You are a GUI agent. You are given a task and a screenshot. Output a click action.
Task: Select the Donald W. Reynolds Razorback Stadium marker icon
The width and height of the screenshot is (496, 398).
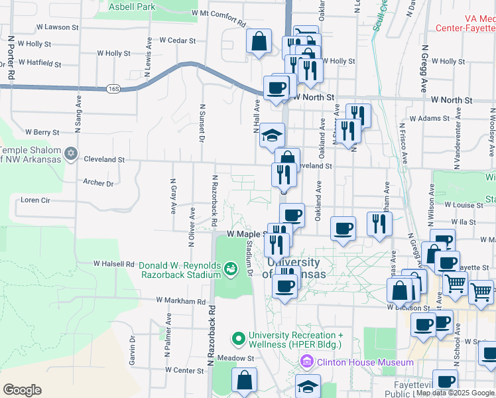[231, 269]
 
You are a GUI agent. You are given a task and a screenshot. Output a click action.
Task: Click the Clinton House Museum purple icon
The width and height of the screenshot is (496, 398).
[307, 362]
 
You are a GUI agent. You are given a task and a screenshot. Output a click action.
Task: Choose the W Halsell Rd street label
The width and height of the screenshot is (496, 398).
[114, 263]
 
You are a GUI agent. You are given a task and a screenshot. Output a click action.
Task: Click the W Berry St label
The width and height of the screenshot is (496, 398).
[42, 132]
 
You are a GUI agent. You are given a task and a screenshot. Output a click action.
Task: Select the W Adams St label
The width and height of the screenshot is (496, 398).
[430, 119]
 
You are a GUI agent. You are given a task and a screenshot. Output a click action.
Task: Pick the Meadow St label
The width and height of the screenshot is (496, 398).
[241, 358]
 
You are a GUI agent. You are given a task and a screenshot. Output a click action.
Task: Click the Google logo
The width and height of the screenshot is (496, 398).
[23, 390]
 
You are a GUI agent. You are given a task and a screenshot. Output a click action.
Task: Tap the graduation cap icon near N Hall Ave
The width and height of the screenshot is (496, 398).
[271, 135]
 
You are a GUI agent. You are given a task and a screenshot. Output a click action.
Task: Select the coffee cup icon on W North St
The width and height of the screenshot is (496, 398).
[276, 88]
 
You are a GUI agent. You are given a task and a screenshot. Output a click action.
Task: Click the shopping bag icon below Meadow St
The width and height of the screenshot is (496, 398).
[244, 381]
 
